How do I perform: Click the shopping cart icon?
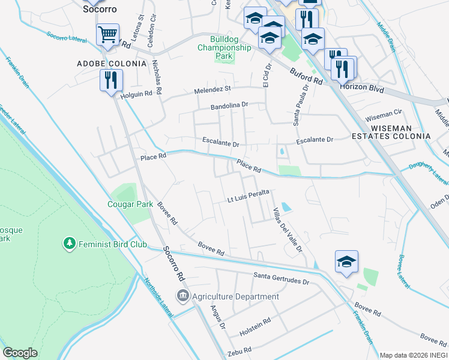(x=107, y=34)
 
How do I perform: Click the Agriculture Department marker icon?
(x=182, y=296)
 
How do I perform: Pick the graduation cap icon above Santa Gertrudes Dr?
(x=346, y=261)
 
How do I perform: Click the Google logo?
(x=20, y=353)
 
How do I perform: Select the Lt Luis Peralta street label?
(x=247, y=199)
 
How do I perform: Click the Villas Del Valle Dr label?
(x=286, y=230)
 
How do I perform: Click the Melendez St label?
(x=212, y=89)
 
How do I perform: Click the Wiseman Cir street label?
(x=384, y=113)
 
